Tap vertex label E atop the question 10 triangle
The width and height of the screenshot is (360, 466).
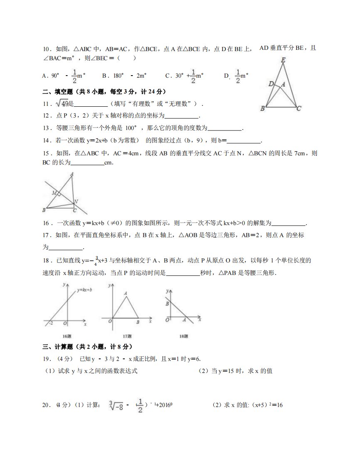click(283, 60)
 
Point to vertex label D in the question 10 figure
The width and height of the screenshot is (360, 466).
click(271, 84)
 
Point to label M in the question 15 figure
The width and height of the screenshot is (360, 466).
click(54, 193)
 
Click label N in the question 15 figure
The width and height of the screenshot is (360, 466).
click(76, 202)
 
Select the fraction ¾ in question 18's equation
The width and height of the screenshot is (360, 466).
click(96, 261)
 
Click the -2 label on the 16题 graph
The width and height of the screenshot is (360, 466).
click(50, 323)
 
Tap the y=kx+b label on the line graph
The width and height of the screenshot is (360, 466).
click(85, 289)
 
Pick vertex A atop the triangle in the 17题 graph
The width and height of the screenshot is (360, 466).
click(126, 293)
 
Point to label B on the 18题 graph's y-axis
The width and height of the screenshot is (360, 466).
click(167, 304)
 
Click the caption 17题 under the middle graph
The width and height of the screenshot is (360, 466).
click(127, 336)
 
